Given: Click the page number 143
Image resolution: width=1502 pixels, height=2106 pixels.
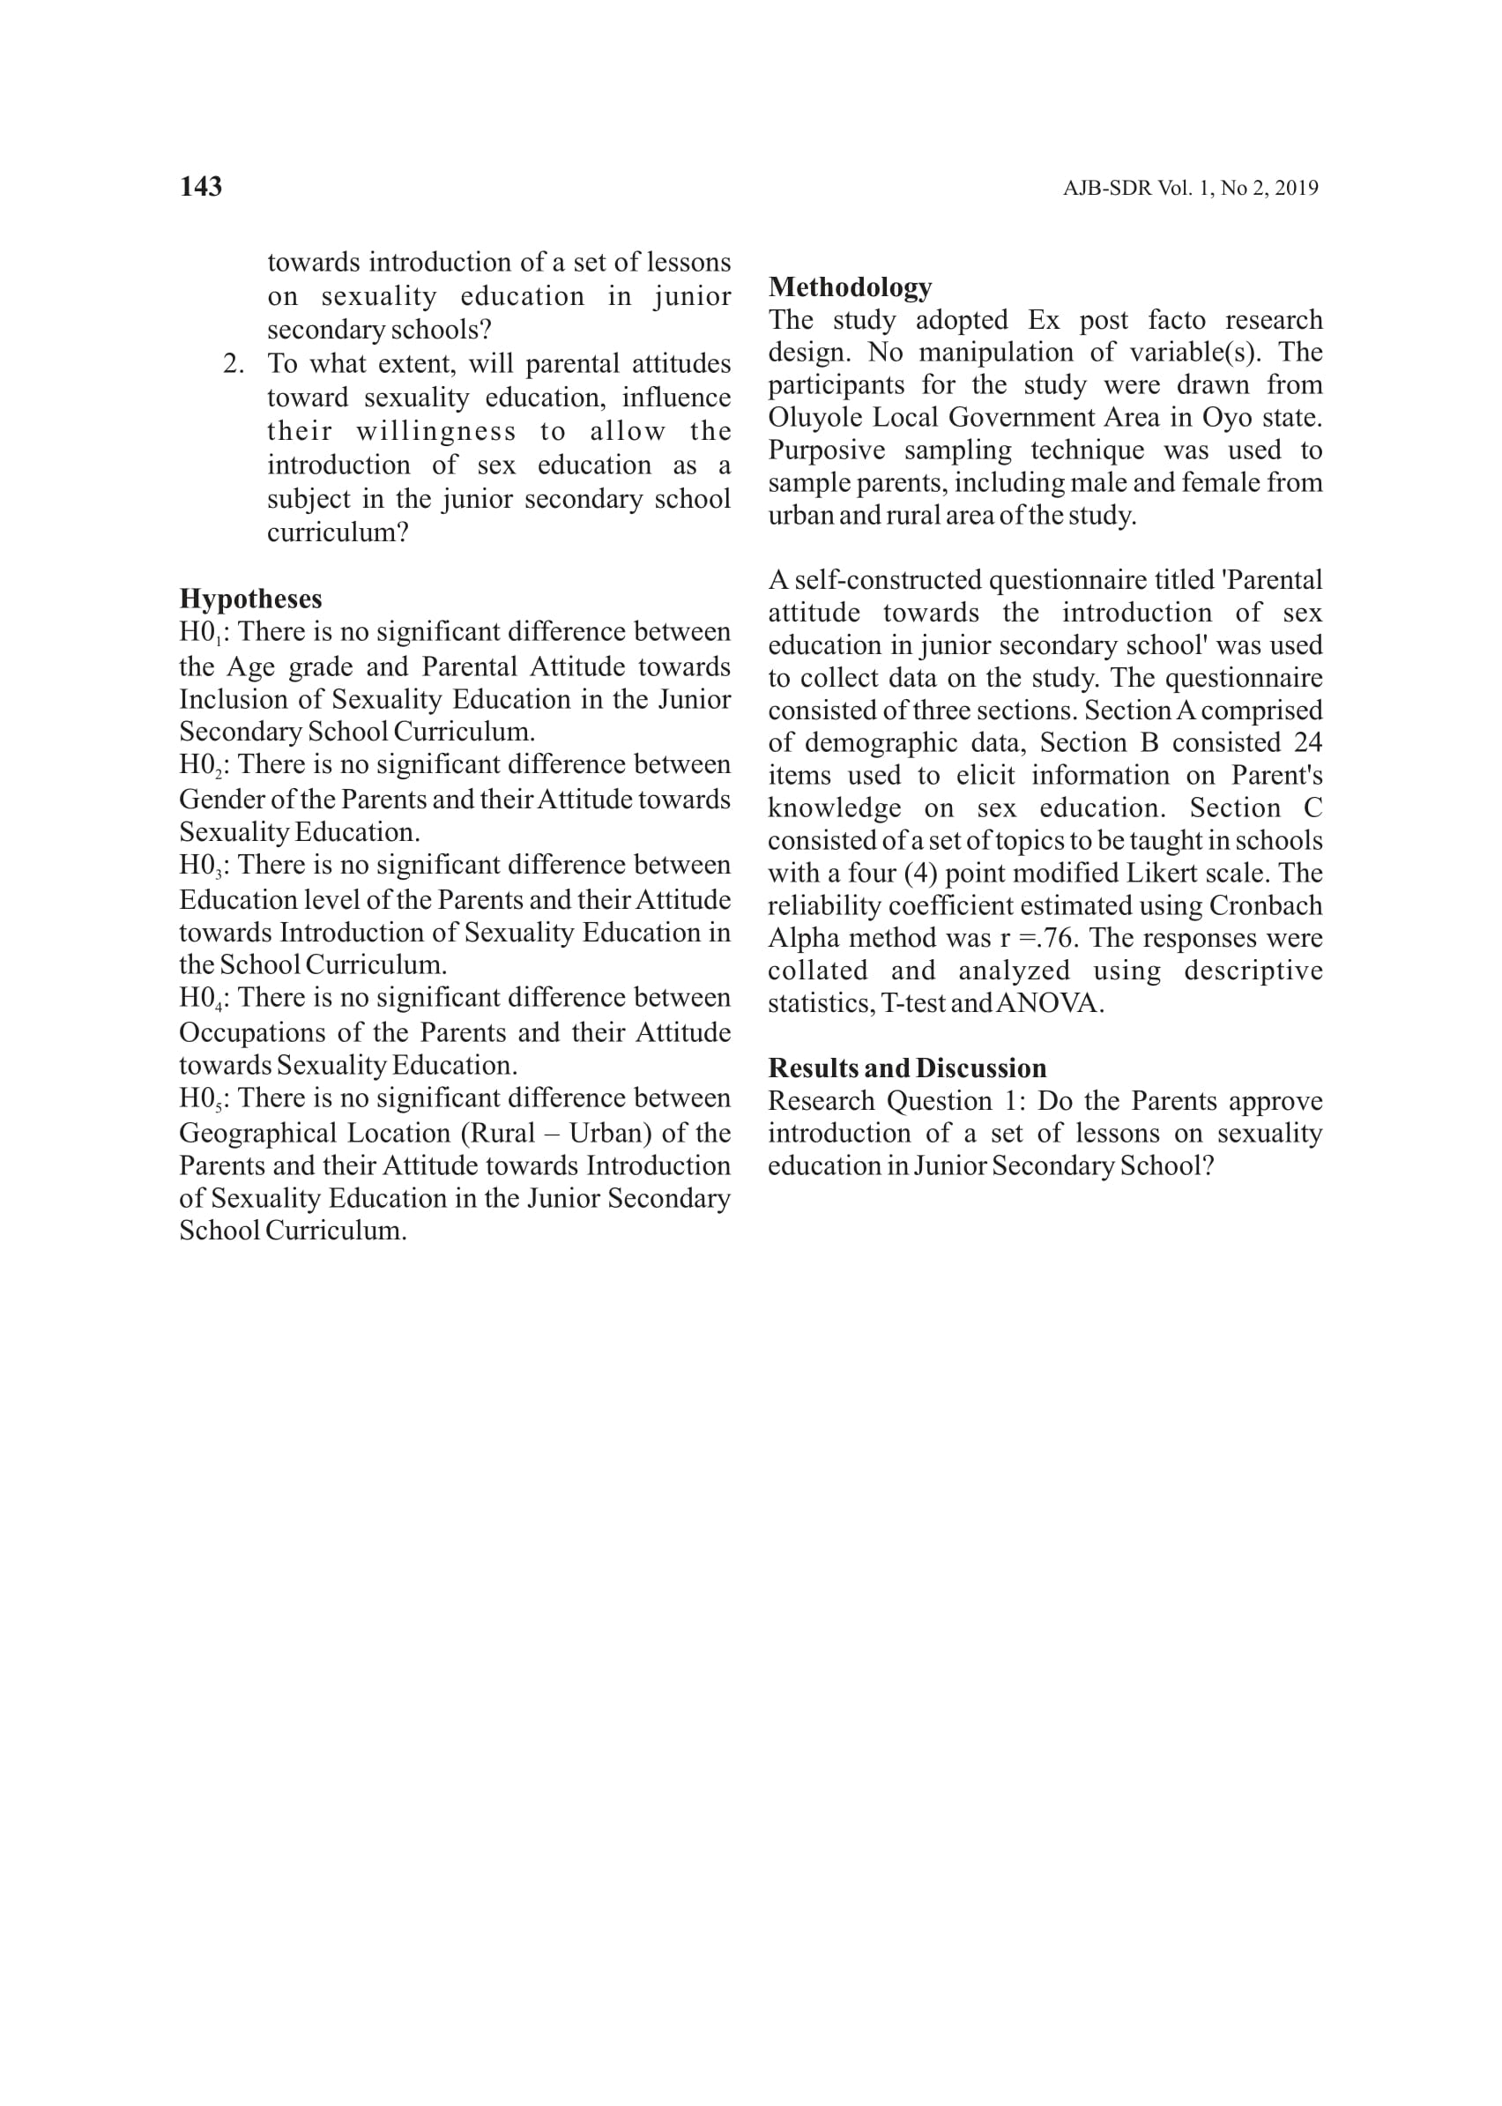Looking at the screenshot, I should point(201,187).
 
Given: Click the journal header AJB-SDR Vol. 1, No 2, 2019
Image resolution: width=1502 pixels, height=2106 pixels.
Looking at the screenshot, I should point(1190,189).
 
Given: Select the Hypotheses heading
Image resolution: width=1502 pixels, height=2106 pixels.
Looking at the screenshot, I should point(250,599).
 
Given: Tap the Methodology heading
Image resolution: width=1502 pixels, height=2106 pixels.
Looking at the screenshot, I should point(850,287).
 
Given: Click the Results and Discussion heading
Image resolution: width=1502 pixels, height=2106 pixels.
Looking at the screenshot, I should point(907,1068).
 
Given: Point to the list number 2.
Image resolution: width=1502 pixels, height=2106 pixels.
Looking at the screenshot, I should point(233,363).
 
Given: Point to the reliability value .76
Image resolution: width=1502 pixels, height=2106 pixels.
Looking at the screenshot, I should point(1058,938).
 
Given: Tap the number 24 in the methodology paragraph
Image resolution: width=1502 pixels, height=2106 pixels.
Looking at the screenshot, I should point(1308,742).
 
